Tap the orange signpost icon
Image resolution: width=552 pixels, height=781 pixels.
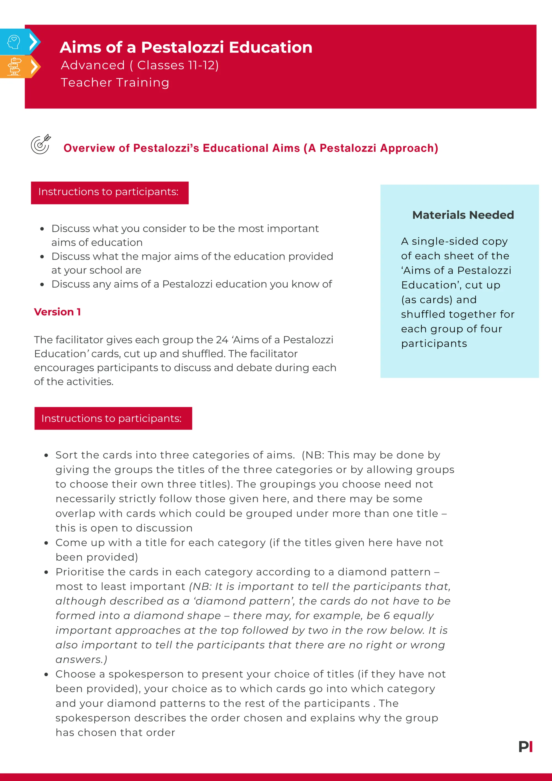coord(14,67)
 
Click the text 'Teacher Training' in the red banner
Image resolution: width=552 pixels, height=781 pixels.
coord(115,83)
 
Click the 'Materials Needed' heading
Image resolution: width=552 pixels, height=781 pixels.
coord(463,215)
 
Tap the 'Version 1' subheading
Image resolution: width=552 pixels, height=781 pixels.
coord(57,312)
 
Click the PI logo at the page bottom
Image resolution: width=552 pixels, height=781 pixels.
coord(526,747)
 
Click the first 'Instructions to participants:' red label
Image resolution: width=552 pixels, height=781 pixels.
coord(110,192)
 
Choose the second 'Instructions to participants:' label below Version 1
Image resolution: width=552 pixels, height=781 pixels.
coord(113,419)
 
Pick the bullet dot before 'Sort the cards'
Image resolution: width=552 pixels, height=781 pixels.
coord(46,456)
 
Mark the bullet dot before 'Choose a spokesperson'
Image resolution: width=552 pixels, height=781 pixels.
coord(46,674)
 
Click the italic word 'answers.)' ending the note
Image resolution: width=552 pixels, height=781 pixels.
coord(82,660)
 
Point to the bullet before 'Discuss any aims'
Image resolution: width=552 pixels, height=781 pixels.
coord(42,284)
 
